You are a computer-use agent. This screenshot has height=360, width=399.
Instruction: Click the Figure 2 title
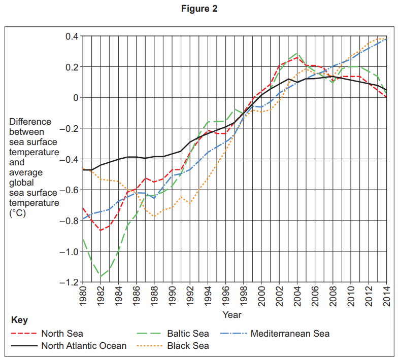tap(199, 10)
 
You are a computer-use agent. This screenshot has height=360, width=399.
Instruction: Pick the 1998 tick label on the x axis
tap(244, 297)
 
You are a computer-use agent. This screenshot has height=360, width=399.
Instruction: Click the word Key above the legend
tap(19, 320)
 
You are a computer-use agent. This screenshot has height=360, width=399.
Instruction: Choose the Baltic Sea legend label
tap(187, 334)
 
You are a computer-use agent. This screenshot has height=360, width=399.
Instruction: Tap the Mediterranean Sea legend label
tap(290, 334)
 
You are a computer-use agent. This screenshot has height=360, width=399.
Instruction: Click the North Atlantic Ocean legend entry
tap(84, 346)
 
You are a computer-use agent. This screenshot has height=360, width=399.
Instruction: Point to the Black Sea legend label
tap(188, 346)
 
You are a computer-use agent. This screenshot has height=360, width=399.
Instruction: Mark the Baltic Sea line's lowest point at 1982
tap(101, 277)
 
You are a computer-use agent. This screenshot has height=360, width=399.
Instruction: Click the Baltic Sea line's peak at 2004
tap(297, 53)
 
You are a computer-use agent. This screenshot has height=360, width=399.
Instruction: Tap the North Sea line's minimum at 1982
tap(101, 230)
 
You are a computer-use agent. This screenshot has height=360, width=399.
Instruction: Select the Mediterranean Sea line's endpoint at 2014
tap(386, 38)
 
